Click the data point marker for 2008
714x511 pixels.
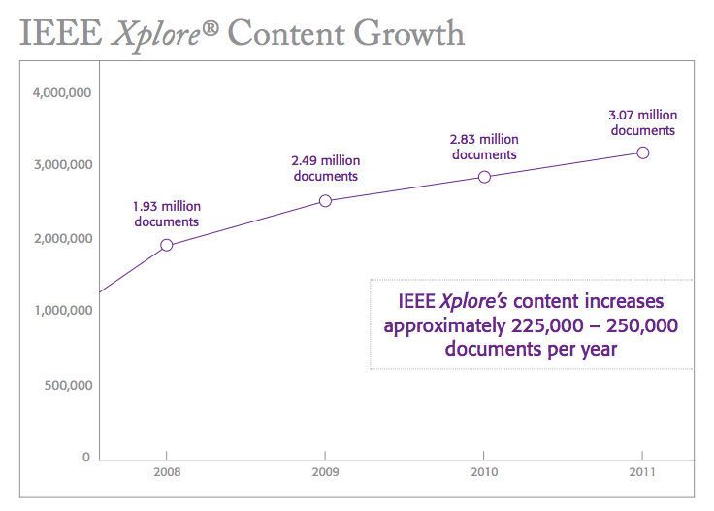pos(167,245)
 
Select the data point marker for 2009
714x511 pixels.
pos(326,201)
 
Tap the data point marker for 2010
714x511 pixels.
pos(485,177)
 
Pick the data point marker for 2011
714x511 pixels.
pos(642,153)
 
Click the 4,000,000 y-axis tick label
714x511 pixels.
pos(61,93)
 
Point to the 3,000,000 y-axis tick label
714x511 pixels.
pos(61,165)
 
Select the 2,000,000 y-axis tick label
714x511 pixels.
pos(61,239)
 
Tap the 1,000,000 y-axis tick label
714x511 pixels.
pos(61,311)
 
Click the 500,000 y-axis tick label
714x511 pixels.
pos(67,385)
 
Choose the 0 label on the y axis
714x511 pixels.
pos(86,458)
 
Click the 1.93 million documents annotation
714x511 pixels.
pos(167,214)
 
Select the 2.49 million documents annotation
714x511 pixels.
pos(326,168)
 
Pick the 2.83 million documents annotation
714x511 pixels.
pos(485,147)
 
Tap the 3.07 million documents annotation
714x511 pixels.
pos(642,122)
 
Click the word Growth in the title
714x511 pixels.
pos(408,34)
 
